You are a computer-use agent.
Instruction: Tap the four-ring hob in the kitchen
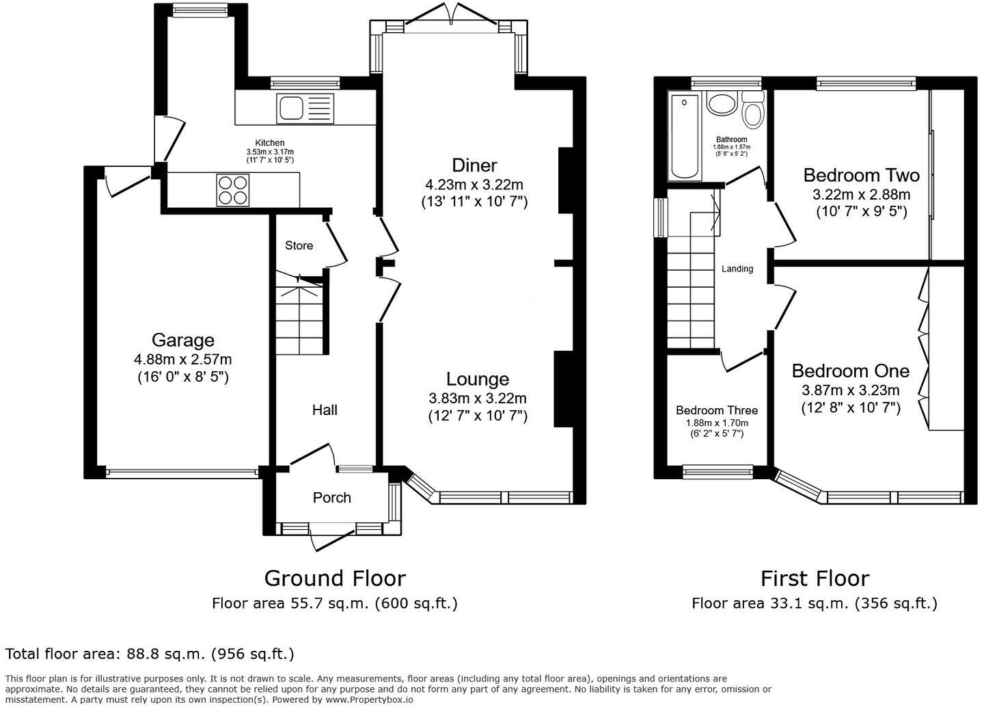click(232, 189)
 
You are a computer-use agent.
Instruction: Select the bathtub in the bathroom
click(685, 137)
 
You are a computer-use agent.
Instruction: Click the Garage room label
click(182, 340)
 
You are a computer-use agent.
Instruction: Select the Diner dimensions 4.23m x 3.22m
click(474, 185)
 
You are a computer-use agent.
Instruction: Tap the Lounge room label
click(478, 379)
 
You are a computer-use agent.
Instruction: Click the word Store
click(299, 245)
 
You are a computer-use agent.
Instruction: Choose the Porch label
click(331, 498)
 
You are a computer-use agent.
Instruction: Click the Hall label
click(325, 410)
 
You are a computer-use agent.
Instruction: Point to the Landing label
click(737, 269)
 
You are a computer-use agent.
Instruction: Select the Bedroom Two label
click(861, 175)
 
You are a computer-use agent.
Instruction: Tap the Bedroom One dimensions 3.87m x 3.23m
click(850, 390)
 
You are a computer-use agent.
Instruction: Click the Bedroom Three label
click(716, 410)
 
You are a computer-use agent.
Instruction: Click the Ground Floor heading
click(335, 578)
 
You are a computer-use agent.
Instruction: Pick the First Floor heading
click(815, 578)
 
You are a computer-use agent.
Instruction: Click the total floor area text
click(150, 654)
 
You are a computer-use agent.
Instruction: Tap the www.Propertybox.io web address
click(369, 699)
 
